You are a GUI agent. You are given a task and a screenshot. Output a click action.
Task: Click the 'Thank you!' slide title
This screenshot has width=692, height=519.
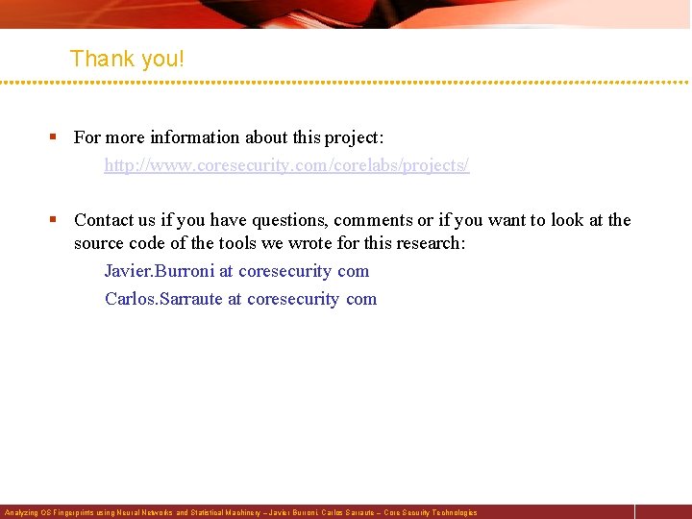tap(127, 59)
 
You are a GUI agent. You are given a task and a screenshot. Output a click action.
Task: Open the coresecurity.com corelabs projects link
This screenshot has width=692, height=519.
tap(286, 165)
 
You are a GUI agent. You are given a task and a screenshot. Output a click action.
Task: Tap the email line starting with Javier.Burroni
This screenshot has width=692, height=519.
tap(236, 271)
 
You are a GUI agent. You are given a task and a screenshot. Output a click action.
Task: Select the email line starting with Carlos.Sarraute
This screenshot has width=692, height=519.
tap(240, 298)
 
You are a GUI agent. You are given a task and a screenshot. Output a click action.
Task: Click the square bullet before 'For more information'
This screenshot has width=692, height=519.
tap(55, 137)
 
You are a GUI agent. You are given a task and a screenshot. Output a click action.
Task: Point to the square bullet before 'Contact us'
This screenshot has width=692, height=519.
tap(55, 220)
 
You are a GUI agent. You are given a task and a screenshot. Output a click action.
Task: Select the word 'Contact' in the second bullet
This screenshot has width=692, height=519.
tap(105, 220)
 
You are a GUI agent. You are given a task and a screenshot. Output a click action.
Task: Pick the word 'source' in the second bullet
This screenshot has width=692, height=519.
tap(100, 243)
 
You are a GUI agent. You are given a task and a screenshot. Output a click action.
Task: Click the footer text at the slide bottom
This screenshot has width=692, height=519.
tap(240, 512)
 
